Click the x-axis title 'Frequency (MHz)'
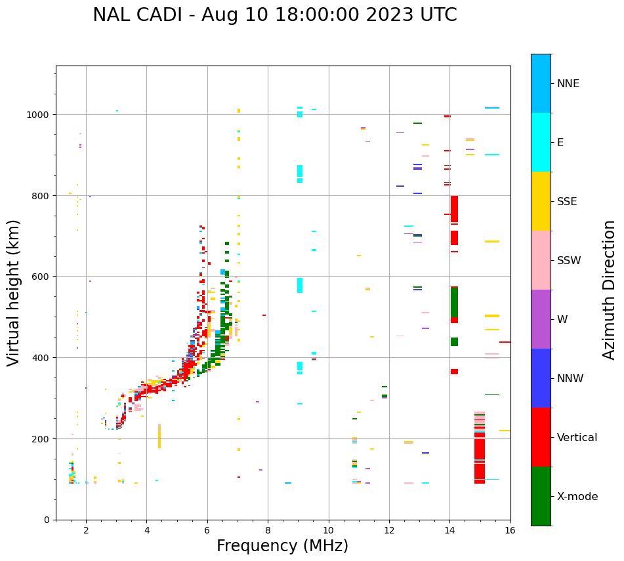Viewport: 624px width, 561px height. point(282,546)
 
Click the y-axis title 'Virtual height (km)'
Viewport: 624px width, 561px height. point(14,292)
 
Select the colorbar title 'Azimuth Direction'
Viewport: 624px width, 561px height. point(610,290)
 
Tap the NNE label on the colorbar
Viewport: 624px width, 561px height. point(568,83)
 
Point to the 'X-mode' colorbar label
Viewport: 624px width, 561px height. point(577,497)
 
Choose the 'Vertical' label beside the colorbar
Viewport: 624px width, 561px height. point(577,438)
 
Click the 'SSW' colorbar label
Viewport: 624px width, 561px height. point(569,260)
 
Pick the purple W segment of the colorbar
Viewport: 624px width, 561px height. point(541,319)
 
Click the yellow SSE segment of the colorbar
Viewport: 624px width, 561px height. point(541,201)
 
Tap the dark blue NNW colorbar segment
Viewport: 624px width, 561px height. point(541,378)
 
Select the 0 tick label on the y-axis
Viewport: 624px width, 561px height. point(46,520)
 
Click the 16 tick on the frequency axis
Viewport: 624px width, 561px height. point(510,531)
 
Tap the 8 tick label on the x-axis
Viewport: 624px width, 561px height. point(268,531)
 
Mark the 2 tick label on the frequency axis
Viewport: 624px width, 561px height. point(86,531)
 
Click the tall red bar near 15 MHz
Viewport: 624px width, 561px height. point(480,452)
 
